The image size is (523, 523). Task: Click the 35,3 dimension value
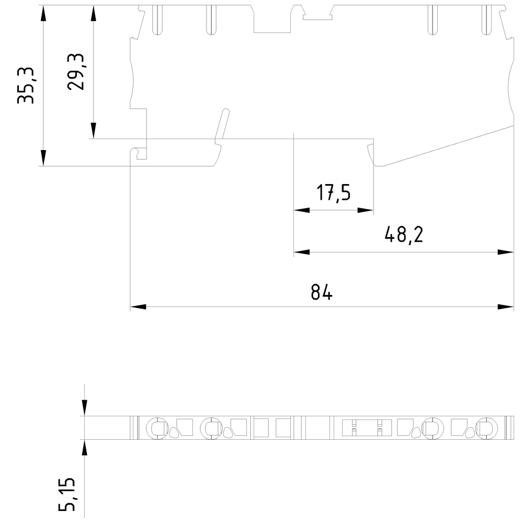(26, 85)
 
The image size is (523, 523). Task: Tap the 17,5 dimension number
(333, 193)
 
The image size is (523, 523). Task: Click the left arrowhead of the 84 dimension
(138, 306)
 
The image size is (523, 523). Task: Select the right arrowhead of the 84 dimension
(506, 306)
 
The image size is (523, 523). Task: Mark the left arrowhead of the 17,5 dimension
(302, 210)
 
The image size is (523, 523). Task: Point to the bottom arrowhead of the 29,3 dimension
(93, 131)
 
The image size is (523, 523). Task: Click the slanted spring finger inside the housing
(222, 126)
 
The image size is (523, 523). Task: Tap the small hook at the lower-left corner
(137, 153)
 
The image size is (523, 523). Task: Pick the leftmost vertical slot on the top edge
(156, 20)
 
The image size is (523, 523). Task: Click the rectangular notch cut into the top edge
(271, 21)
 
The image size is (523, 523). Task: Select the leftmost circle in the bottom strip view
(156, 428)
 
